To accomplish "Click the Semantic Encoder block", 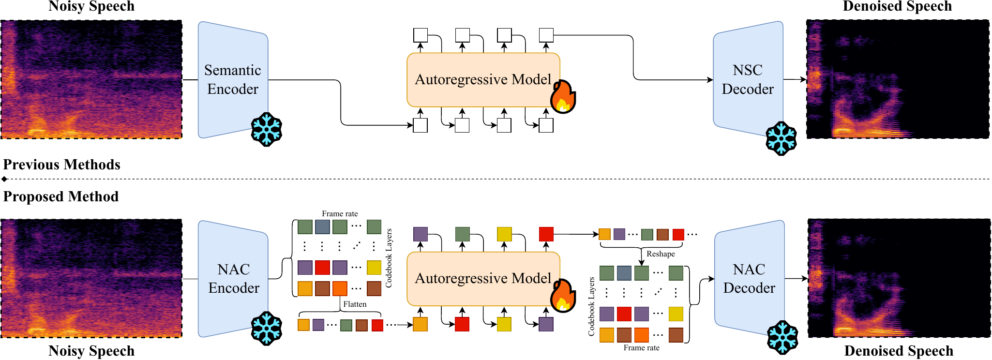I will coord(233,80).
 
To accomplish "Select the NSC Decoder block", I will coord(748,80).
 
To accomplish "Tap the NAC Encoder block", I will coord(233,279).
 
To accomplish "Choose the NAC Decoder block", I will coord(749,279).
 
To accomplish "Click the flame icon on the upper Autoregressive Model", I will coord(563,97).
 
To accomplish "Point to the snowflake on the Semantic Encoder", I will coord(267,130).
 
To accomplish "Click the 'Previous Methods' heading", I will coord(62,165).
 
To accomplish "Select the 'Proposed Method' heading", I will coord(61,196).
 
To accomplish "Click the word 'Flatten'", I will coord(355,304).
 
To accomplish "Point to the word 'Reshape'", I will coord(661,254).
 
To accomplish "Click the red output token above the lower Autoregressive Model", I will coord(546,234).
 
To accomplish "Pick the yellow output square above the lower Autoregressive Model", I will coord(504,234).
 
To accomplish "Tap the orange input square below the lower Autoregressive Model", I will coord(420,324).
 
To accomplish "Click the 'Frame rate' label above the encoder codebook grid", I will coord(340,213).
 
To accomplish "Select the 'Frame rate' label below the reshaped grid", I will coord(641,347).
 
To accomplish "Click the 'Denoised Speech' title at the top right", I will coord(897,6).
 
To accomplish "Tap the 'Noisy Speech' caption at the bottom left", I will coord(91,351).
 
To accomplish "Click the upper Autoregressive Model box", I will coord(483,80).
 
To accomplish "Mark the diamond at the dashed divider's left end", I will coord(4,179).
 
